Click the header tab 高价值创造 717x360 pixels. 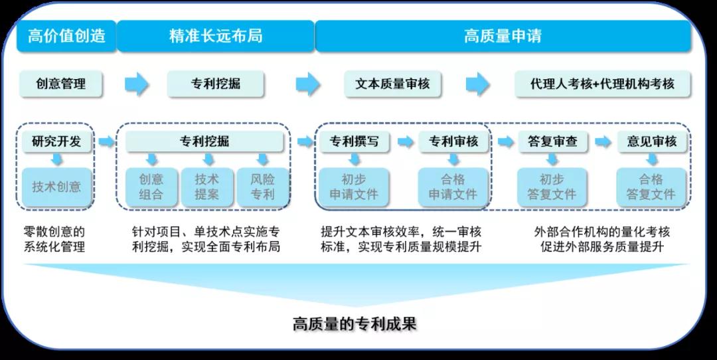(x=66, y=36)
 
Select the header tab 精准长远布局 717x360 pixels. (x=215, y=36)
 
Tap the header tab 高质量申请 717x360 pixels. (x=503, y=36)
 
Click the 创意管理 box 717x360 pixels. (x=61, y=84)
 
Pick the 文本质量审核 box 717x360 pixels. (x=392, y=84)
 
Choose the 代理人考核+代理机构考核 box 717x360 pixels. (x=602, y=84)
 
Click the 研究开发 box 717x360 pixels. (x=56, y=141)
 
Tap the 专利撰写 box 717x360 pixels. (x=355, y=141)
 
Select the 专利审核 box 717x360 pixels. (x=453, y=141)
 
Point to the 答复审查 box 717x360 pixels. (x=552, y=141)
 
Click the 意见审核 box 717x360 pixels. (x=651, y=141)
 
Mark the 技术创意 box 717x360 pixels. (x=56, y=187)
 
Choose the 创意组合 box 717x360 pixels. (x=151, y=187)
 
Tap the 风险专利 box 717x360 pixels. (x=263, y=187)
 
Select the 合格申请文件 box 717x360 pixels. (x=453, y=187)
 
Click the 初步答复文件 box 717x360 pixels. (x=552, y=187)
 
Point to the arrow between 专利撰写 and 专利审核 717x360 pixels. (x=404, y=141)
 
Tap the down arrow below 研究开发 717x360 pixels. (x=57, y=159)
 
